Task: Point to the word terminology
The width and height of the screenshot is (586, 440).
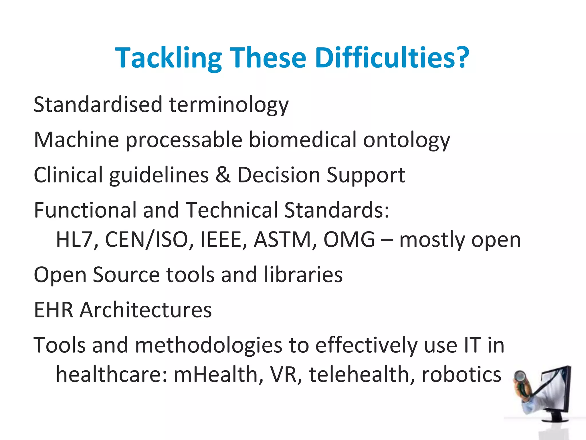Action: click(229, 105)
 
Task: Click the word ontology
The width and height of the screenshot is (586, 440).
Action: click(406, 140)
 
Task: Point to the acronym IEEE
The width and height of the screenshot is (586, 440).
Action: click(223, 239)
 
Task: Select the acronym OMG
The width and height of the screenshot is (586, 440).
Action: click(349, 239)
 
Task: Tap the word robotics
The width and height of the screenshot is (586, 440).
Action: click(461, 374)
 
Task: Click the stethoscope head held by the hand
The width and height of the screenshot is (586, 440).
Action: click(520, 376)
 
